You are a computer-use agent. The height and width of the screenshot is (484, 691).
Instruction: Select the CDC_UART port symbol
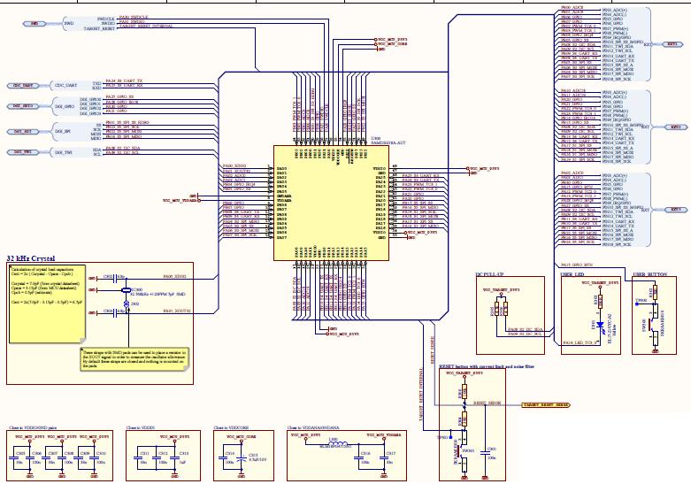coord(24,85)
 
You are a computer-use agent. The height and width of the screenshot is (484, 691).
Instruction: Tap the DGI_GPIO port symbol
coord(23,106)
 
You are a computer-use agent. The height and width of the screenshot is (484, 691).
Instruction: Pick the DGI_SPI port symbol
coord(23,131)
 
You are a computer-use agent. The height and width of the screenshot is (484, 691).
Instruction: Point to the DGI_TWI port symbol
coord(23,152)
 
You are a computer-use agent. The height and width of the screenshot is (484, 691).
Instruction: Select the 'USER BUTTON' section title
coord(651,275)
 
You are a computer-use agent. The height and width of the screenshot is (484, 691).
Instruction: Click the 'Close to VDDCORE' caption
coord(234,427)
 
